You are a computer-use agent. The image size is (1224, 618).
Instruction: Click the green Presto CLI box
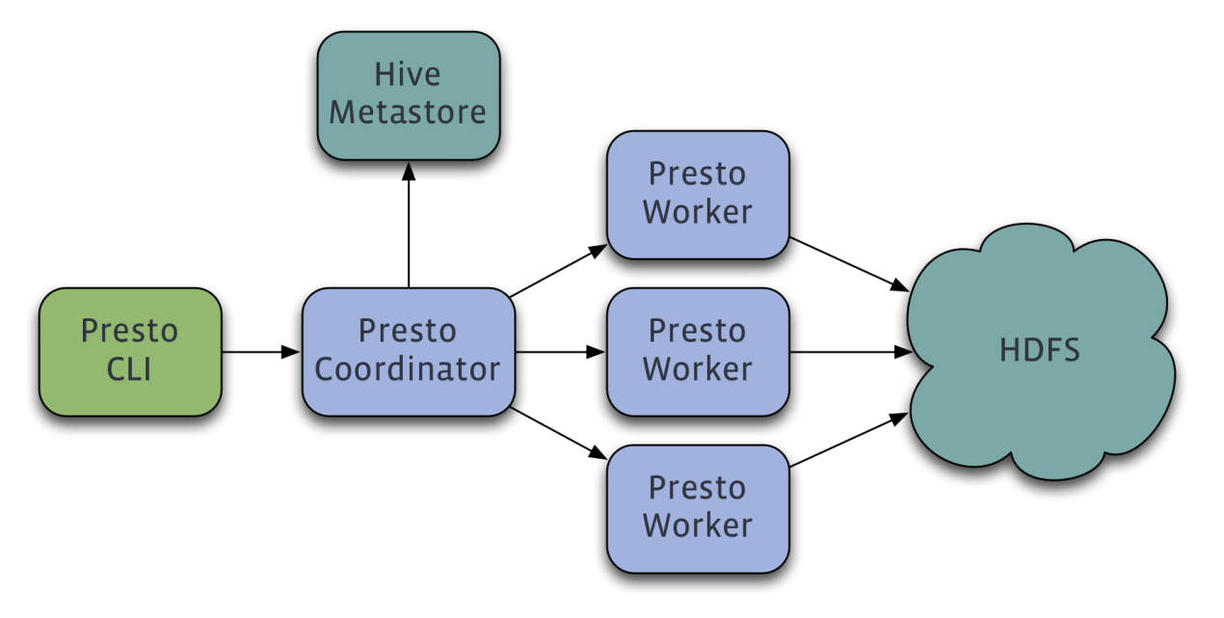click(130, 352)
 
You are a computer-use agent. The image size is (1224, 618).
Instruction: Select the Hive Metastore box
click(409, 95)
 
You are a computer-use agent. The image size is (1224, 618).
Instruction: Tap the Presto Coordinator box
click(409, 352)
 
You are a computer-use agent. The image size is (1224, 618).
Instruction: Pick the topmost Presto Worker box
click(698, 195)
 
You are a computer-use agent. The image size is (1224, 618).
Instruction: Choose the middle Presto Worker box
click(698, 352)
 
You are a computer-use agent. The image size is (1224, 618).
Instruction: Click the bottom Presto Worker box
click(698, 509)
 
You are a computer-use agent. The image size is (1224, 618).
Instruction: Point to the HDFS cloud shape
click(1041, 352)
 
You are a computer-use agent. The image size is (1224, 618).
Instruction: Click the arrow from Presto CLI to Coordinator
click(261, 352)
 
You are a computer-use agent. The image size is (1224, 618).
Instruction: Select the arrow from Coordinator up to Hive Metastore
click(409, 226)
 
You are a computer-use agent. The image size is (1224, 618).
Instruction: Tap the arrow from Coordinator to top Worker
click(558, 271)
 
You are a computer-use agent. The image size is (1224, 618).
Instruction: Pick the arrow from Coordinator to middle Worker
click(561, 352)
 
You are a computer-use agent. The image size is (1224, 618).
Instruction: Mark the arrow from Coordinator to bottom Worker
click(558, 433)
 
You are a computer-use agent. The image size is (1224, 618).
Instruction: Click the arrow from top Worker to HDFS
click(849, 264)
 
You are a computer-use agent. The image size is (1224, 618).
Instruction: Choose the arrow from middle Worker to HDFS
click(851, 352)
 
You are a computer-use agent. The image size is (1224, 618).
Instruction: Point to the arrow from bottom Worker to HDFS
click(849, 440)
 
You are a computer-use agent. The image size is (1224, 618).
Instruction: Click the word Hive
click(408, 74)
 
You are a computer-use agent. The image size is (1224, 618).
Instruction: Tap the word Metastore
click(408, 113)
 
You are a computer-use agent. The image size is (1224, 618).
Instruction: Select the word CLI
click(129, 369)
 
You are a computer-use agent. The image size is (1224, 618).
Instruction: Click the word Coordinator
click(408, 369)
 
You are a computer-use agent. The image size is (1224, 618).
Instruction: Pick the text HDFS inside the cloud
click(1040, 350)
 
